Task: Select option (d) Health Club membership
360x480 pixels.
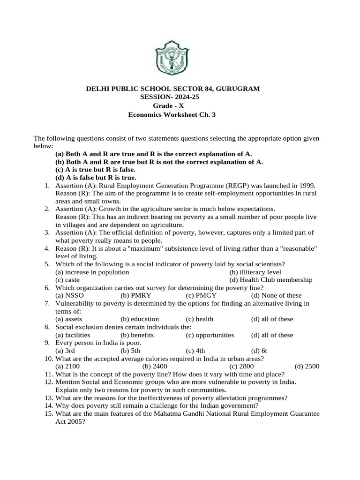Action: coord(270,280)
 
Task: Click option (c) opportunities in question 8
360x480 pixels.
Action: coord(210,335)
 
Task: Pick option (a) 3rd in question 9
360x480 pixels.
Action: coord(65,350)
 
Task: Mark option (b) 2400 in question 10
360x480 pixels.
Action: coord(155,366)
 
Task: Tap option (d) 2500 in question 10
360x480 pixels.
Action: coord(307,366)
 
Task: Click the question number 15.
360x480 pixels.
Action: coord(48,413)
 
